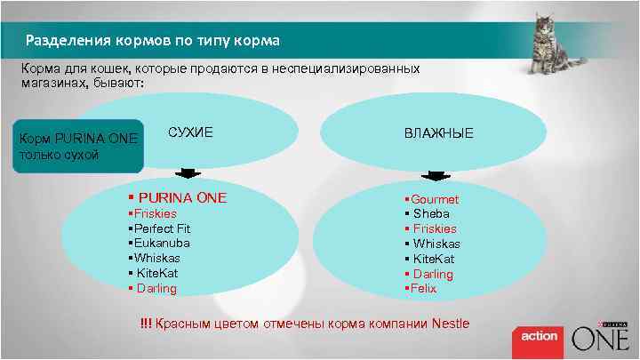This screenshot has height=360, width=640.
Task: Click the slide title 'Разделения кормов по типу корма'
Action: (x=152, y=41)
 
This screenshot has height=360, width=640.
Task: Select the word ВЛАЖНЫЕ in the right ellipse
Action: (x=439, y=133)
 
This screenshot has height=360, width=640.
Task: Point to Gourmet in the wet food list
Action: (x=435, y=199)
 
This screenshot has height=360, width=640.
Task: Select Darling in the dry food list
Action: (x=156, y=288)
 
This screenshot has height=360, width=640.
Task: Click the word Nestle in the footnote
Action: (x=450, y=323)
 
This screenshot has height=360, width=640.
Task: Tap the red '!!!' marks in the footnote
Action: (x=145, y=323)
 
